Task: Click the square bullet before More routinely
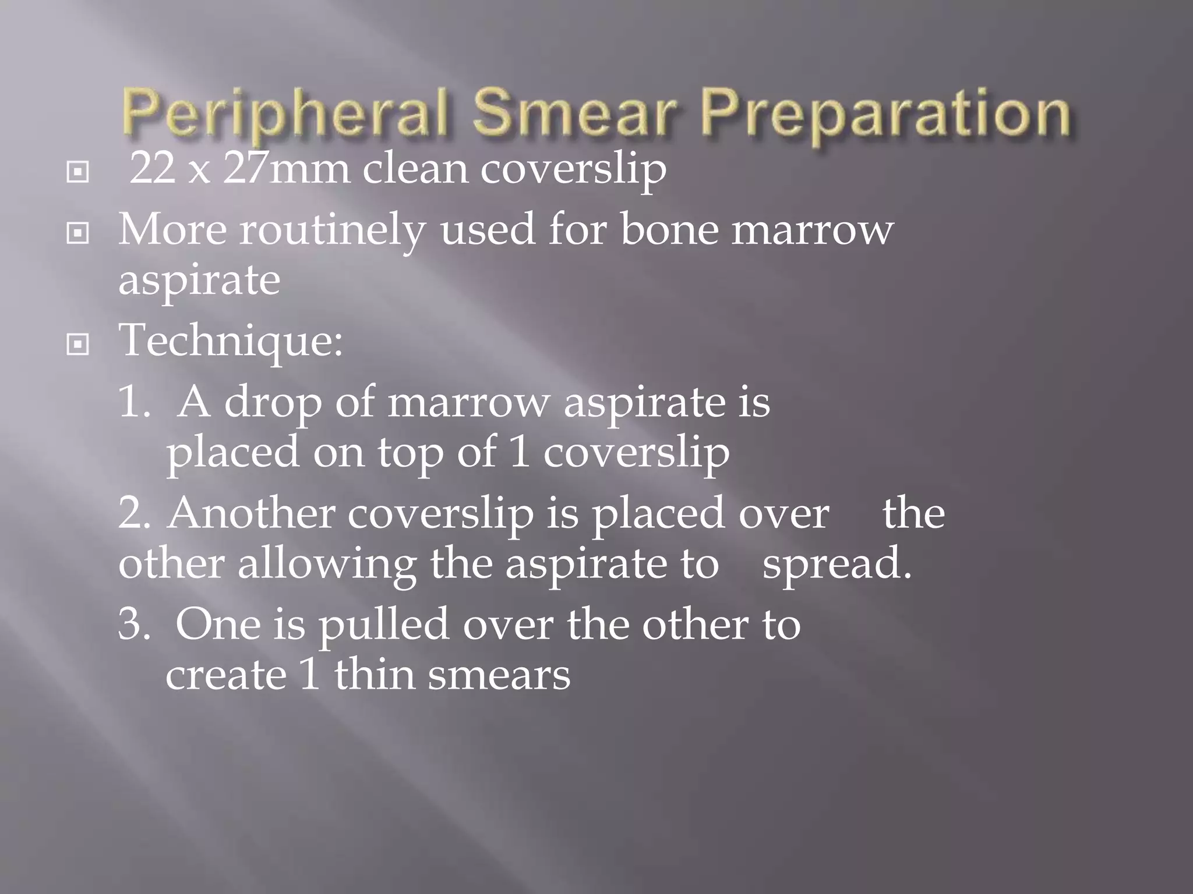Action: tap(78, 233)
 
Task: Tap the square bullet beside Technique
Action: tap(78, 345)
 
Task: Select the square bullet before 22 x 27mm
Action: tap(78, 172)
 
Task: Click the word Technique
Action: tap(231, 341)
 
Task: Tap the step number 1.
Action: tap(133, 402)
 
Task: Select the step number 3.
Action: tap(133, 625)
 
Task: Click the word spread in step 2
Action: tap(836, 565)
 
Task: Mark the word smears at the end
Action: tap(499, 675)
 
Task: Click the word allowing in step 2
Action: tap(326, 565)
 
